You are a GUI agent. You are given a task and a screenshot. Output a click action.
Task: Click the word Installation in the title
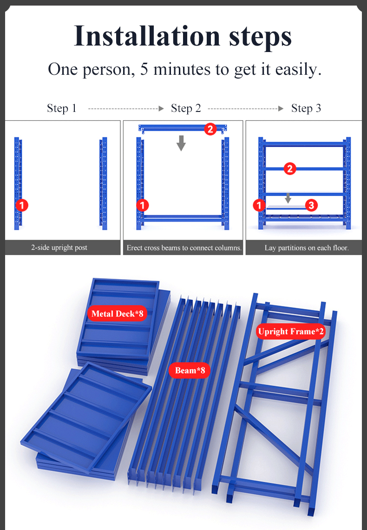[147, 36]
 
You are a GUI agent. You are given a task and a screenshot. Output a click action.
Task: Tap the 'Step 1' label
[62, 108]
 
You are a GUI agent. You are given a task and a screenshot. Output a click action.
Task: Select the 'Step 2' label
[186, 108]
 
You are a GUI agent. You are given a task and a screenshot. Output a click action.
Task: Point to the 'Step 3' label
[306, 108]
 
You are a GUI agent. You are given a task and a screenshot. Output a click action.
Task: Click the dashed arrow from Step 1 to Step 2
[126, 109]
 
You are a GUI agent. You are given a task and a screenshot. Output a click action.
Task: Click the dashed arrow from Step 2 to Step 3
[246, 109]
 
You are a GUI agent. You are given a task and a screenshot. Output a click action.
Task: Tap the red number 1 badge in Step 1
[22, 205]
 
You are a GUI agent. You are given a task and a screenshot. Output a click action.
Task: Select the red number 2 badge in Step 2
[210, 129]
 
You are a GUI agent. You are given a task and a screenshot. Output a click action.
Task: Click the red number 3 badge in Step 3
[311, 205]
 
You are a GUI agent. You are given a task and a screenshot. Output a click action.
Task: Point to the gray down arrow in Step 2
[181, 143]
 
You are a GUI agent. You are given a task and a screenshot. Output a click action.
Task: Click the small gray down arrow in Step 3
[288, 198]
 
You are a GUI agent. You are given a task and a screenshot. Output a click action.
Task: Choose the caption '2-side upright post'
[59, 248]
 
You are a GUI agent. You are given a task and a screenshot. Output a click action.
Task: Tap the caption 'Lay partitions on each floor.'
[307, 248]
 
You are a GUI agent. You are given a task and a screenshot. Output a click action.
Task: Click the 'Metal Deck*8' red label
[117, 314]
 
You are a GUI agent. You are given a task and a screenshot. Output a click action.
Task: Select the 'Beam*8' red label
[190, 371]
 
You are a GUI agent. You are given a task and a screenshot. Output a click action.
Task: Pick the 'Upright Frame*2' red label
[291, 332]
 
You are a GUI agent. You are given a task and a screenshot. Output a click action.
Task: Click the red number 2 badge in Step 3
[289, 169]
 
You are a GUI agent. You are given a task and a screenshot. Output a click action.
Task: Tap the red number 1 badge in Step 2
[142, 205]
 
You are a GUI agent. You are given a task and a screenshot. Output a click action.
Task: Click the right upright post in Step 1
[104, 183]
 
